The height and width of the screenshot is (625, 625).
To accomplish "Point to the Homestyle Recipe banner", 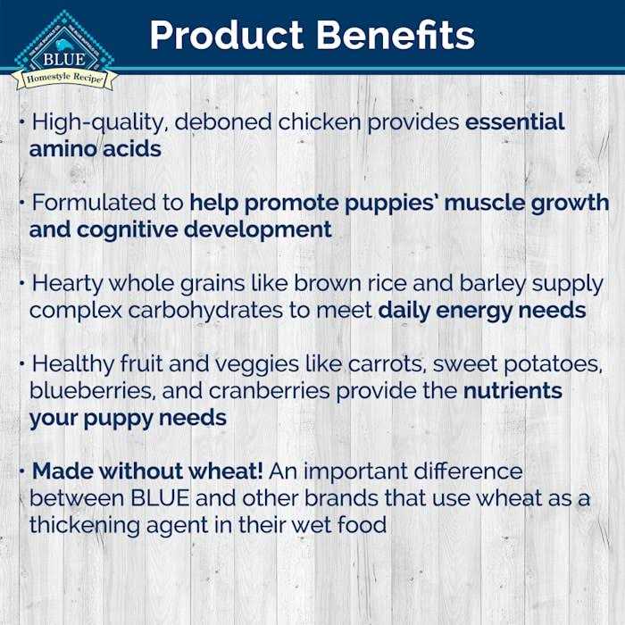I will (x=63, y=79).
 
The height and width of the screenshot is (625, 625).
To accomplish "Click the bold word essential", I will (x=515, y=122).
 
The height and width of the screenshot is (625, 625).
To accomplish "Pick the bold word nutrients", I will (x=512, y=391).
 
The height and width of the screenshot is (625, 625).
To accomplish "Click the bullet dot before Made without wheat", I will (x=21, y=468).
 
